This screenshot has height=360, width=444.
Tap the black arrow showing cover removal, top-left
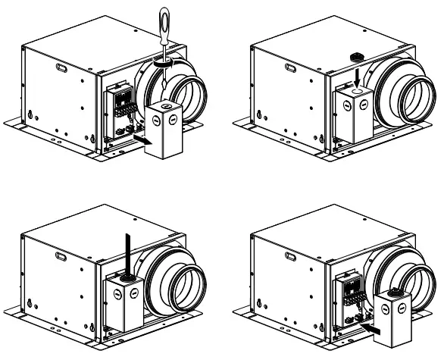[139, 138]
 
